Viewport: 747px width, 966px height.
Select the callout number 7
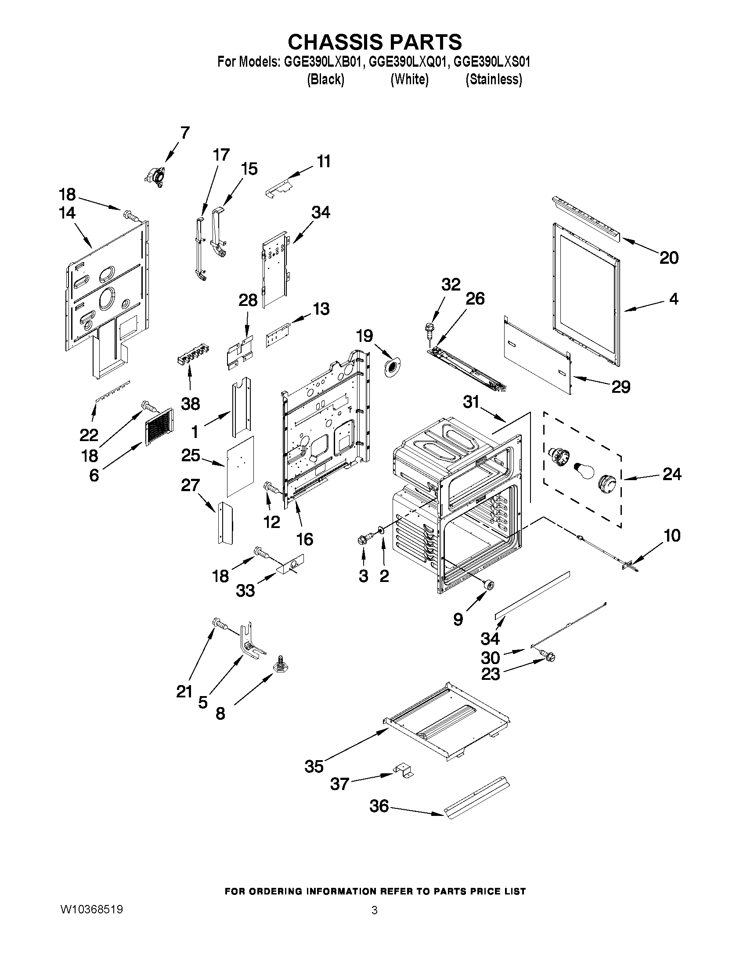tap(185, 133)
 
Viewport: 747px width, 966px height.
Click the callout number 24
tap(672, 474)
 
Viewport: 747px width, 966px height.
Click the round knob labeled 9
tap(489, 585)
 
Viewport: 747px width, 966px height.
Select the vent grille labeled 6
tap(159, 425)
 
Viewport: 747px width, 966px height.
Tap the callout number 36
tap(379, 806)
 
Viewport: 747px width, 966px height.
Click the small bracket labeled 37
tap(404, 770)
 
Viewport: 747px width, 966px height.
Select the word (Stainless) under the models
tap(494, 79)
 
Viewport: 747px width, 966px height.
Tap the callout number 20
tap(669, 258)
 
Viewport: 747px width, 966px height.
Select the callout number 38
tap(190, 404)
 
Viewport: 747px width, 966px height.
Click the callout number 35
tap(314, 766)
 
